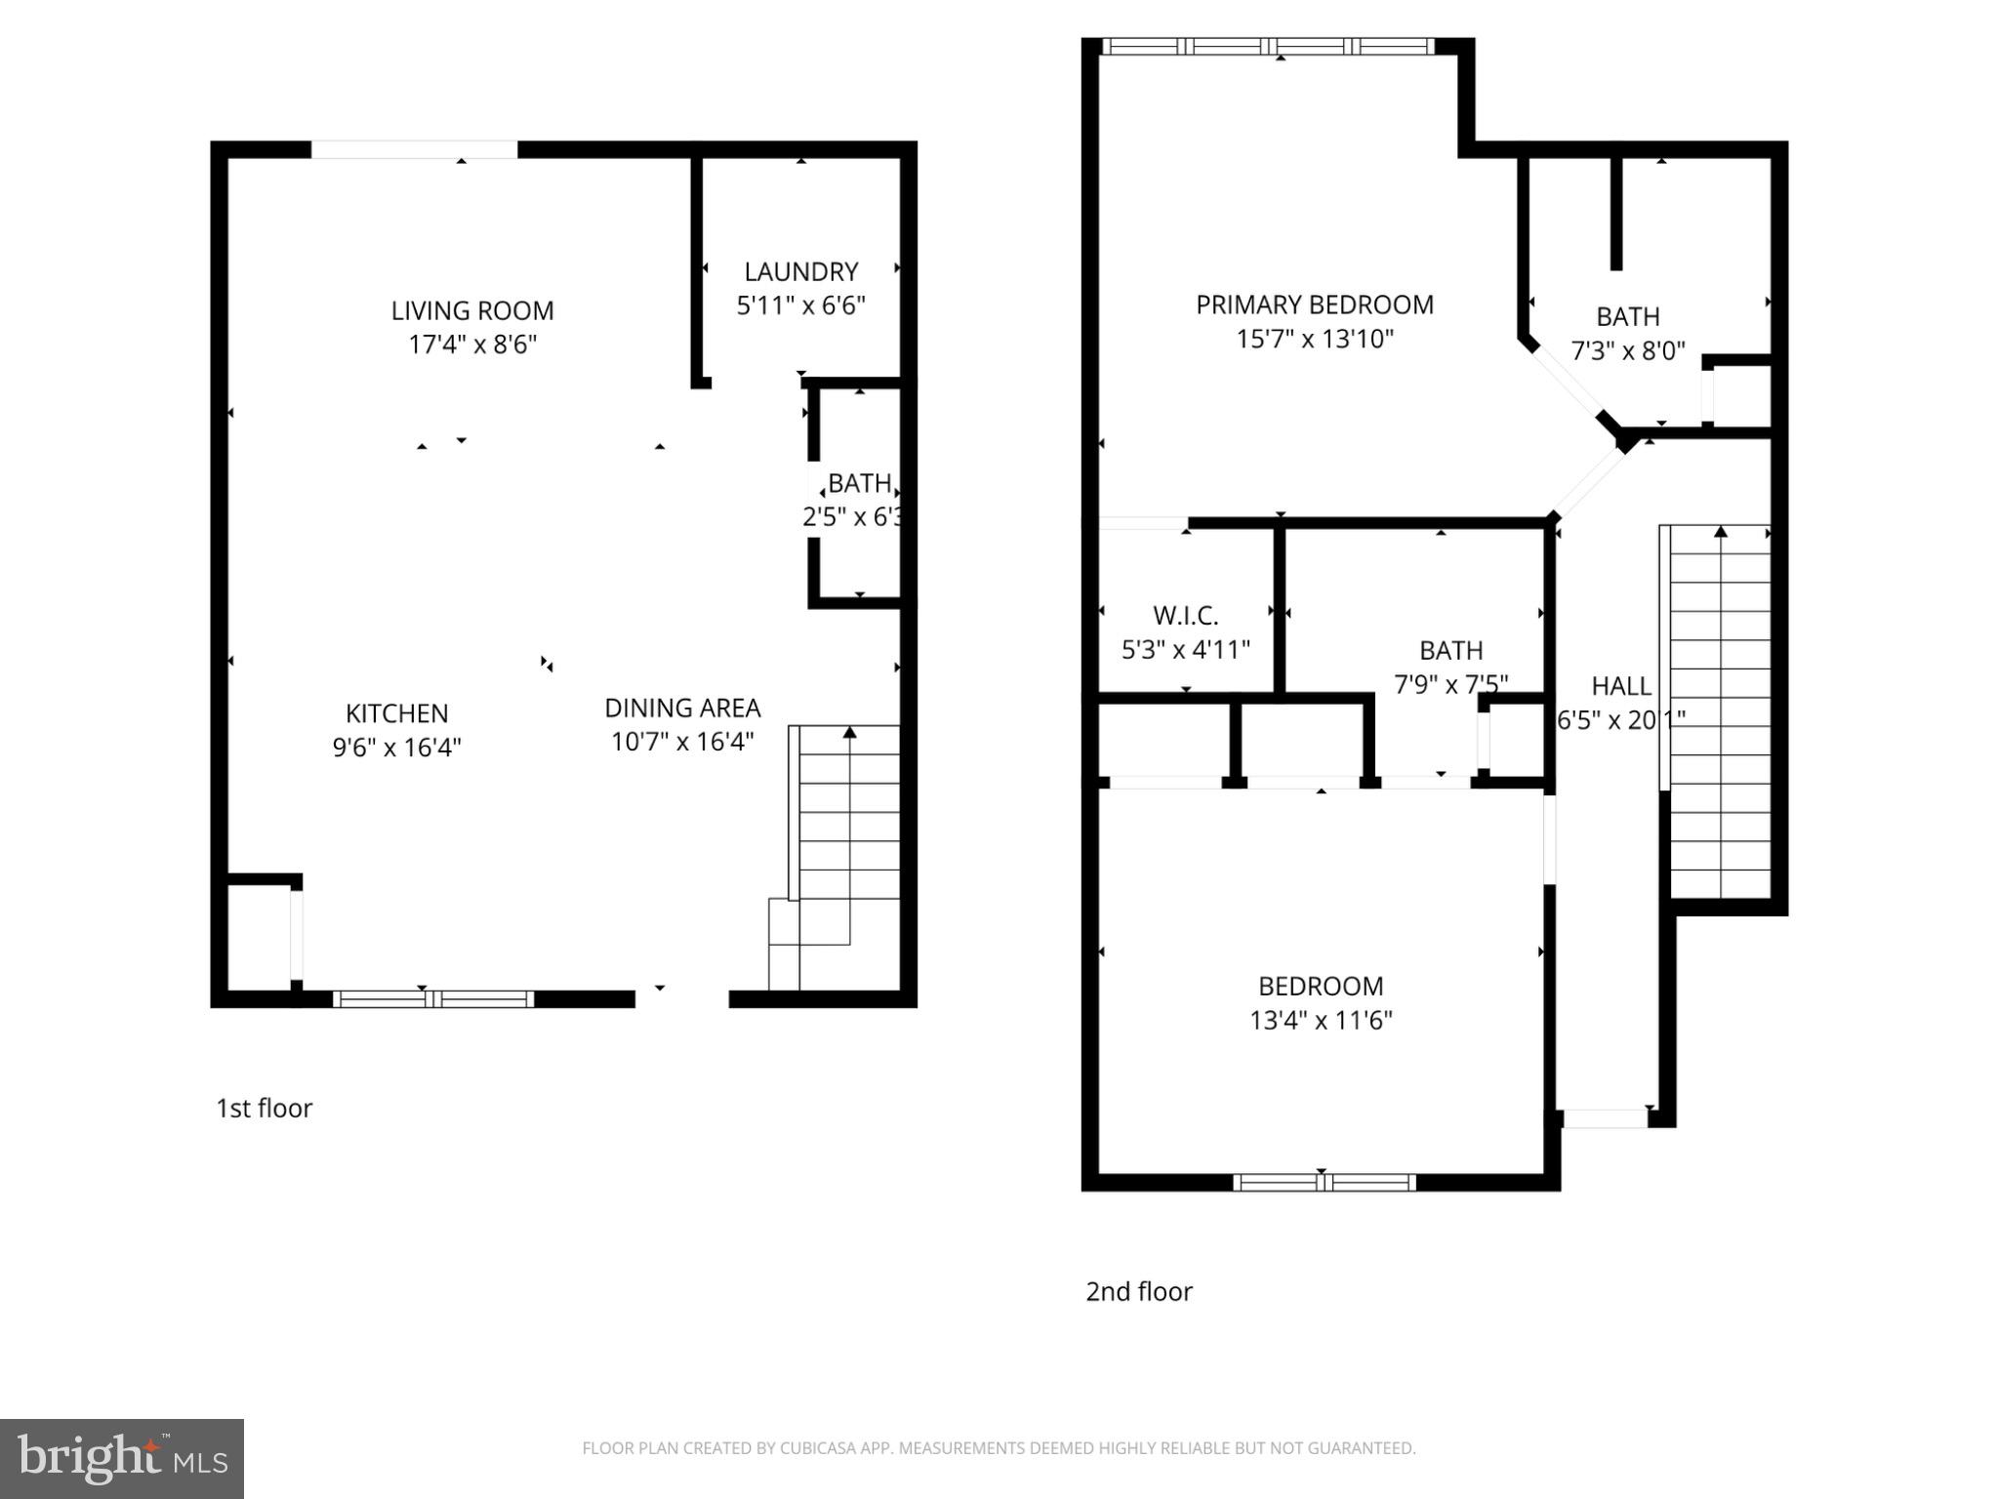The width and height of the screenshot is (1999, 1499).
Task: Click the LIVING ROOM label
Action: click(472, 310)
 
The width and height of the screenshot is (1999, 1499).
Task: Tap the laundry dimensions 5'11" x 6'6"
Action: click(800, 305)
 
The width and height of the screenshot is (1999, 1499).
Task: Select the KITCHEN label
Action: click(396, 713)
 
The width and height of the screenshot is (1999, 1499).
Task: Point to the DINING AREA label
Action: click(682, 708)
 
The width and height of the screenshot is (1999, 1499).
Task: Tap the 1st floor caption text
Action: click(264, 1108)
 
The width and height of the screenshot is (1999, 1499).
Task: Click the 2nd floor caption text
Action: click(1138, 1291)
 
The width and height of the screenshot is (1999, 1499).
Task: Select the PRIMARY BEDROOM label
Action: click(1314, 304)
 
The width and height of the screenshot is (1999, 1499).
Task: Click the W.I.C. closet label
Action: click(1185, 616)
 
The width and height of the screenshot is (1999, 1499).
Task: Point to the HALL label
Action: click(1620, 686)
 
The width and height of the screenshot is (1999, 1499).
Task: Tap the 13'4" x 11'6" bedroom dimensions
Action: click(1320, 1020)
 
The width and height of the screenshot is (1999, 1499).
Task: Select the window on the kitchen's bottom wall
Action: click(433, 998)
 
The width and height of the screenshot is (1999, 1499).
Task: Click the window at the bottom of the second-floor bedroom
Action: click(1324, 1183)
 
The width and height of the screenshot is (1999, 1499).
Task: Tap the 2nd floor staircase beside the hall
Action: click(1720, 712)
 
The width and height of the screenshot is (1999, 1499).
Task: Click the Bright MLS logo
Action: click(122, 1458)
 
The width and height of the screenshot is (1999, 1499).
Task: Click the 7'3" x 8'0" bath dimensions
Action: click(1627, 350)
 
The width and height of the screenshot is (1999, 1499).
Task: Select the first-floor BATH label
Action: click(859, 483)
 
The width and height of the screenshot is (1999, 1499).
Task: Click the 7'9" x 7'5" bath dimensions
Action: click(1450, 684)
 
